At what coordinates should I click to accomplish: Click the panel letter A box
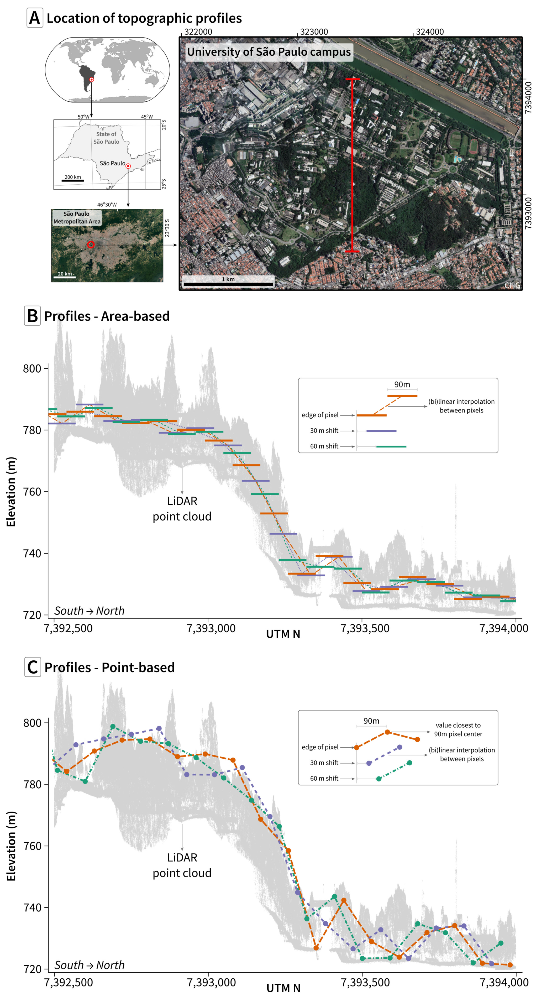point(34,18)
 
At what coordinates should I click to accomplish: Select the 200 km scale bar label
point(73,177)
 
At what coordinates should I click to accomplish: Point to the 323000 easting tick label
point(314,32)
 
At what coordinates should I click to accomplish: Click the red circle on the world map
point(92,80)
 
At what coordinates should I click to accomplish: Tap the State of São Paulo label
point(106,138)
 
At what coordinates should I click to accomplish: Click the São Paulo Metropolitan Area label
point(77,218)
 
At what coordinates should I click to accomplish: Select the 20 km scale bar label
point(65,274)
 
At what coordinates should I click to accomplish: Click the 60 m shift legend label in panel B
point(324,446)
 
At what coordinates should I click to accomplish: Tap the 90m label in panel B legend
point(402,384)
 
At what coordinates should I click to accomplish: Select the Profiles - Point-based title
point(109,667)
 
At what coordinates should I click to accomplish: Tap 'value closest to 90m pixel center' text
point(458,729)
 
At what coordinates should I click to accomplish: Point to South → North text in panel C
point(89,965)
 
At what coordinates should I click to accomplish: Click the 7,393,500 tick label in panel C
point(365,982)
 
